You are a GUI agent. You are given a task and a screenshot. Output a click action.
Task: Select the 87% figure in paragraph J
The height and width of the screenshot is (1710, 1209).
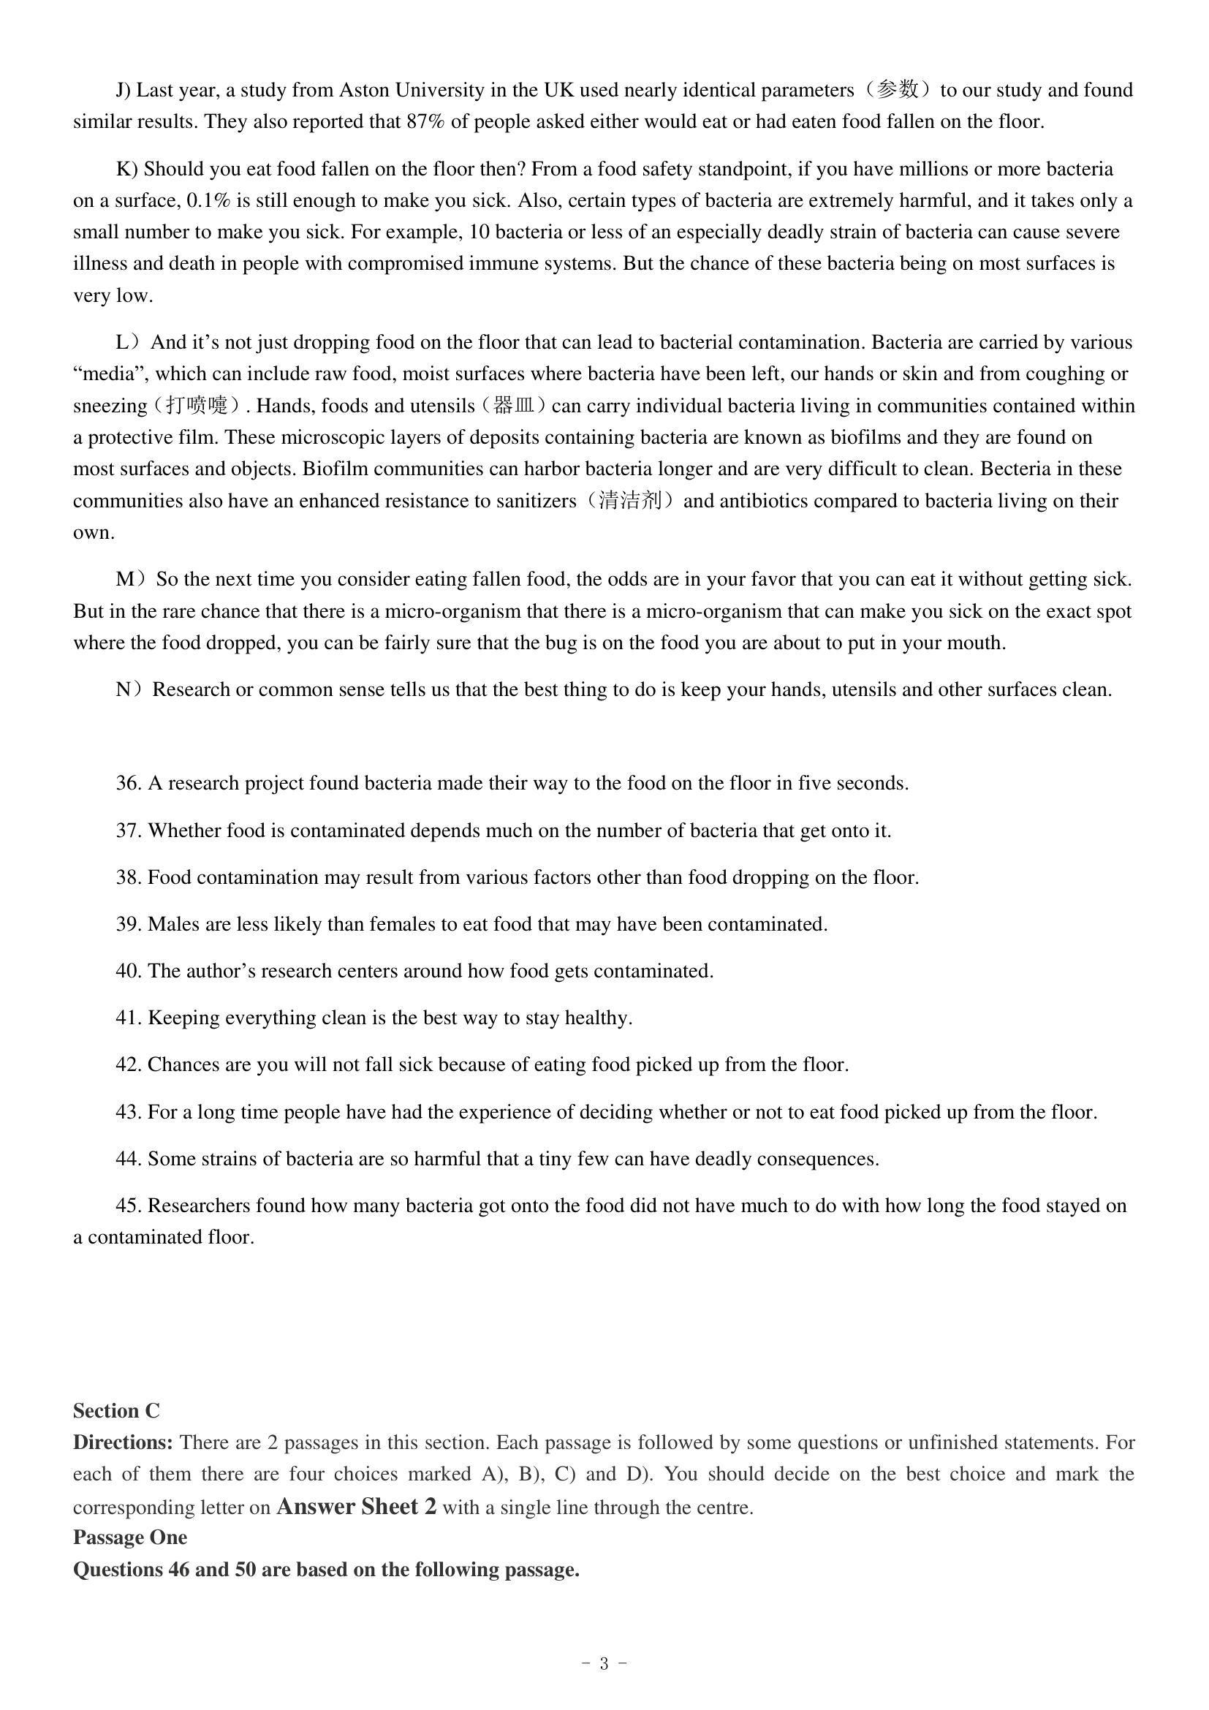pos(426,121)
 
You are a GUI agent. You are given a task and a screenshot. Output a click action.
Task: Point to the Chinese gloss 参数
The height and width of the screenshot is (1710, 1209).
pos(898,90)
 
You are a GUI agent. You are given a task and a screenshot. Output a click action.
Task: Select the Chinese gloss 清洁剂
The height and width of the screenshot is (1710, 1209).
pos(630,501)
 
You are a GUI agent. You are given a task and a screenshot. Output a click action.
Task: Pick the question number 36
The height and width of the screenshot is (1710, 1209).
pos(128,784)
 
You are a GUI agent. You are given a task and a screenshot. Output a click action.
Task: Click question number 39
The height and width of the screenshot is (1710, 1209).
pos(128,924)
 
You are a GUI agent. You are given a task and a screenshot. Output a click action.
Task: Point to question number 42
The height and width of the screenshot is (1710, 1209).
pos(128,1064)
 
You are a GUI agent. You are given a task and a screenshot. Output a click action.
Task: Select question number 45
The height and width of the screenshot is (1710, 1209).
pos(128,1205)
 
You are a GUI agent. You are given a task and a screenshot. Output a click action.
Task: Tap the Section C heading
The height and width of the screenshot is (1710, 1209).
pos(116,1410)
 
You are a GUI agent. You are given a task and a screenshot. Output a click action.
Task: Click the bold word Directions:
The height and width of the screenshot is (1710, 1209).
pos(123,1442)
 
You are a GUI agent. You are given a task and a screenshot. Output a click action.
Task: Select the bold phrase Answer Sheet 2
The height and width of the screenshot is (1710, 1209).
pos(357,1507)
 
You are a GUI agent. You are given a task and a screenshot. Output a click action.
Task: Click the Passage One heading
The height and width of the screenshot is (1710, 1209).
pos(130,1538)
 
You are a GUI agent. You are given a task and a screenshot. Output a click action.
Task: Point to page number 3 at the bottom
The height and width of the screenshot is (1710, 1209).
pos(604,1664)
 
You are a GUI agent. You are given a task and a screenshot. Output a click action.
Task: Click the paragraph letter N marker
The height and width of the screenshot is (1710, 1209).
pos(126,689)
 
